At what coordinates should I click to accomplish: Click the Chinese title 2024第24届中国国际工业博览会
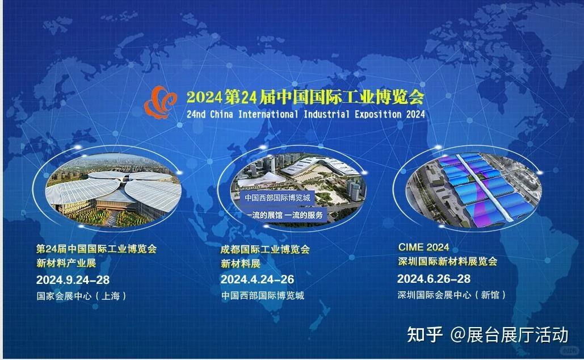305,97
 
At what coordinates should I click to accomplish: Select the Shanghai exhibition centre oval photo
113,190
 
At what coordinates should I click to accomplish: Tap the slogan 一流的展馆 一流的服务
286,215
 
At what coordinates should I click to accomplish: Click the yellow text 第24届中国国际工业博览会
96,249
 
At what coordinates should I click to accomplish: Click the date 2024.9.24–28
73,280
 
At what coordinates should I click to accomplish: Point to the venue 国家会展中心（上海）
81,296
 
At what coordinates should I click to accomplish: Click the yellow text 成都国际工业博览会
265,249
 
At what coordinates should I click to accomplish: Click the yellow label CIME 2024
423,247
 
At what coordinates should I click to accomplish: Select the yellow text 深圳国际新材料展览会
447,262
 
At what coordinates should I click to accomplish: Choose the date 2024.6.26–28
434,279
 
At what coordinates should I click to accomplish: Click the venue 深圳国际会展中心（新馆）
451,295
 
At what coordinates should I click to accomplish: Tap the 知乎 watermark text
425,334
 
